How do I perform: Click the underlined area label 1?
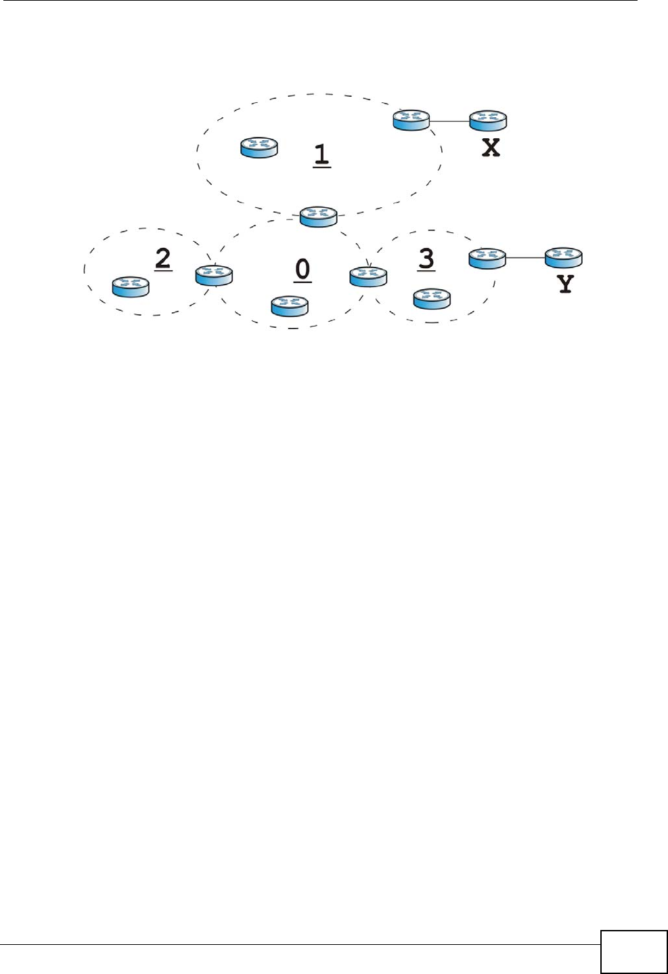[321, 154]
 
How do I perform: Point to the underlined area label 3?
[426, 259]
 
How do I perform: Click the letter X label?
[491, 148]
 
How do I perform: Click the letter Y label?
[565, 284]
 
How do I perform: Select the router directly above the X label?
[488, 121]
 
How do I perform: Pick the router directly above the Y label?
[564, 258]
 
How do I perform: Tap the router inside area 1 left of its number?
[259, 148]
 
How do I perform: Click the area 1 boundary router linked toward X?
[411, 120]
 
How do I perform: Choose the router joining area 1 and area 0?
[318, 217]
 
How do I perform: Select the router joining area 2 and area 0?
[214, 276]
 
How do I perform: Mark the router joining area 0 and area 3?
[368, 276]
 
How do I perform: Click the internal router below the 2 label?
[131, 287]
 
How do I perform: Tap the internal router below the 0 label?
[290, 306]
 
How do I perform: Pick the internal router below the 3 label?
[432, 299]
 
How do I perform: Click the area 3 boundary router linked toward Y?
[487, 258]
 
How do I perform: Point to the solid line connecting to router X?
[449, 121]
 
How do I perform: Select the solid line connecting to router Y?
[525, 258]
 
